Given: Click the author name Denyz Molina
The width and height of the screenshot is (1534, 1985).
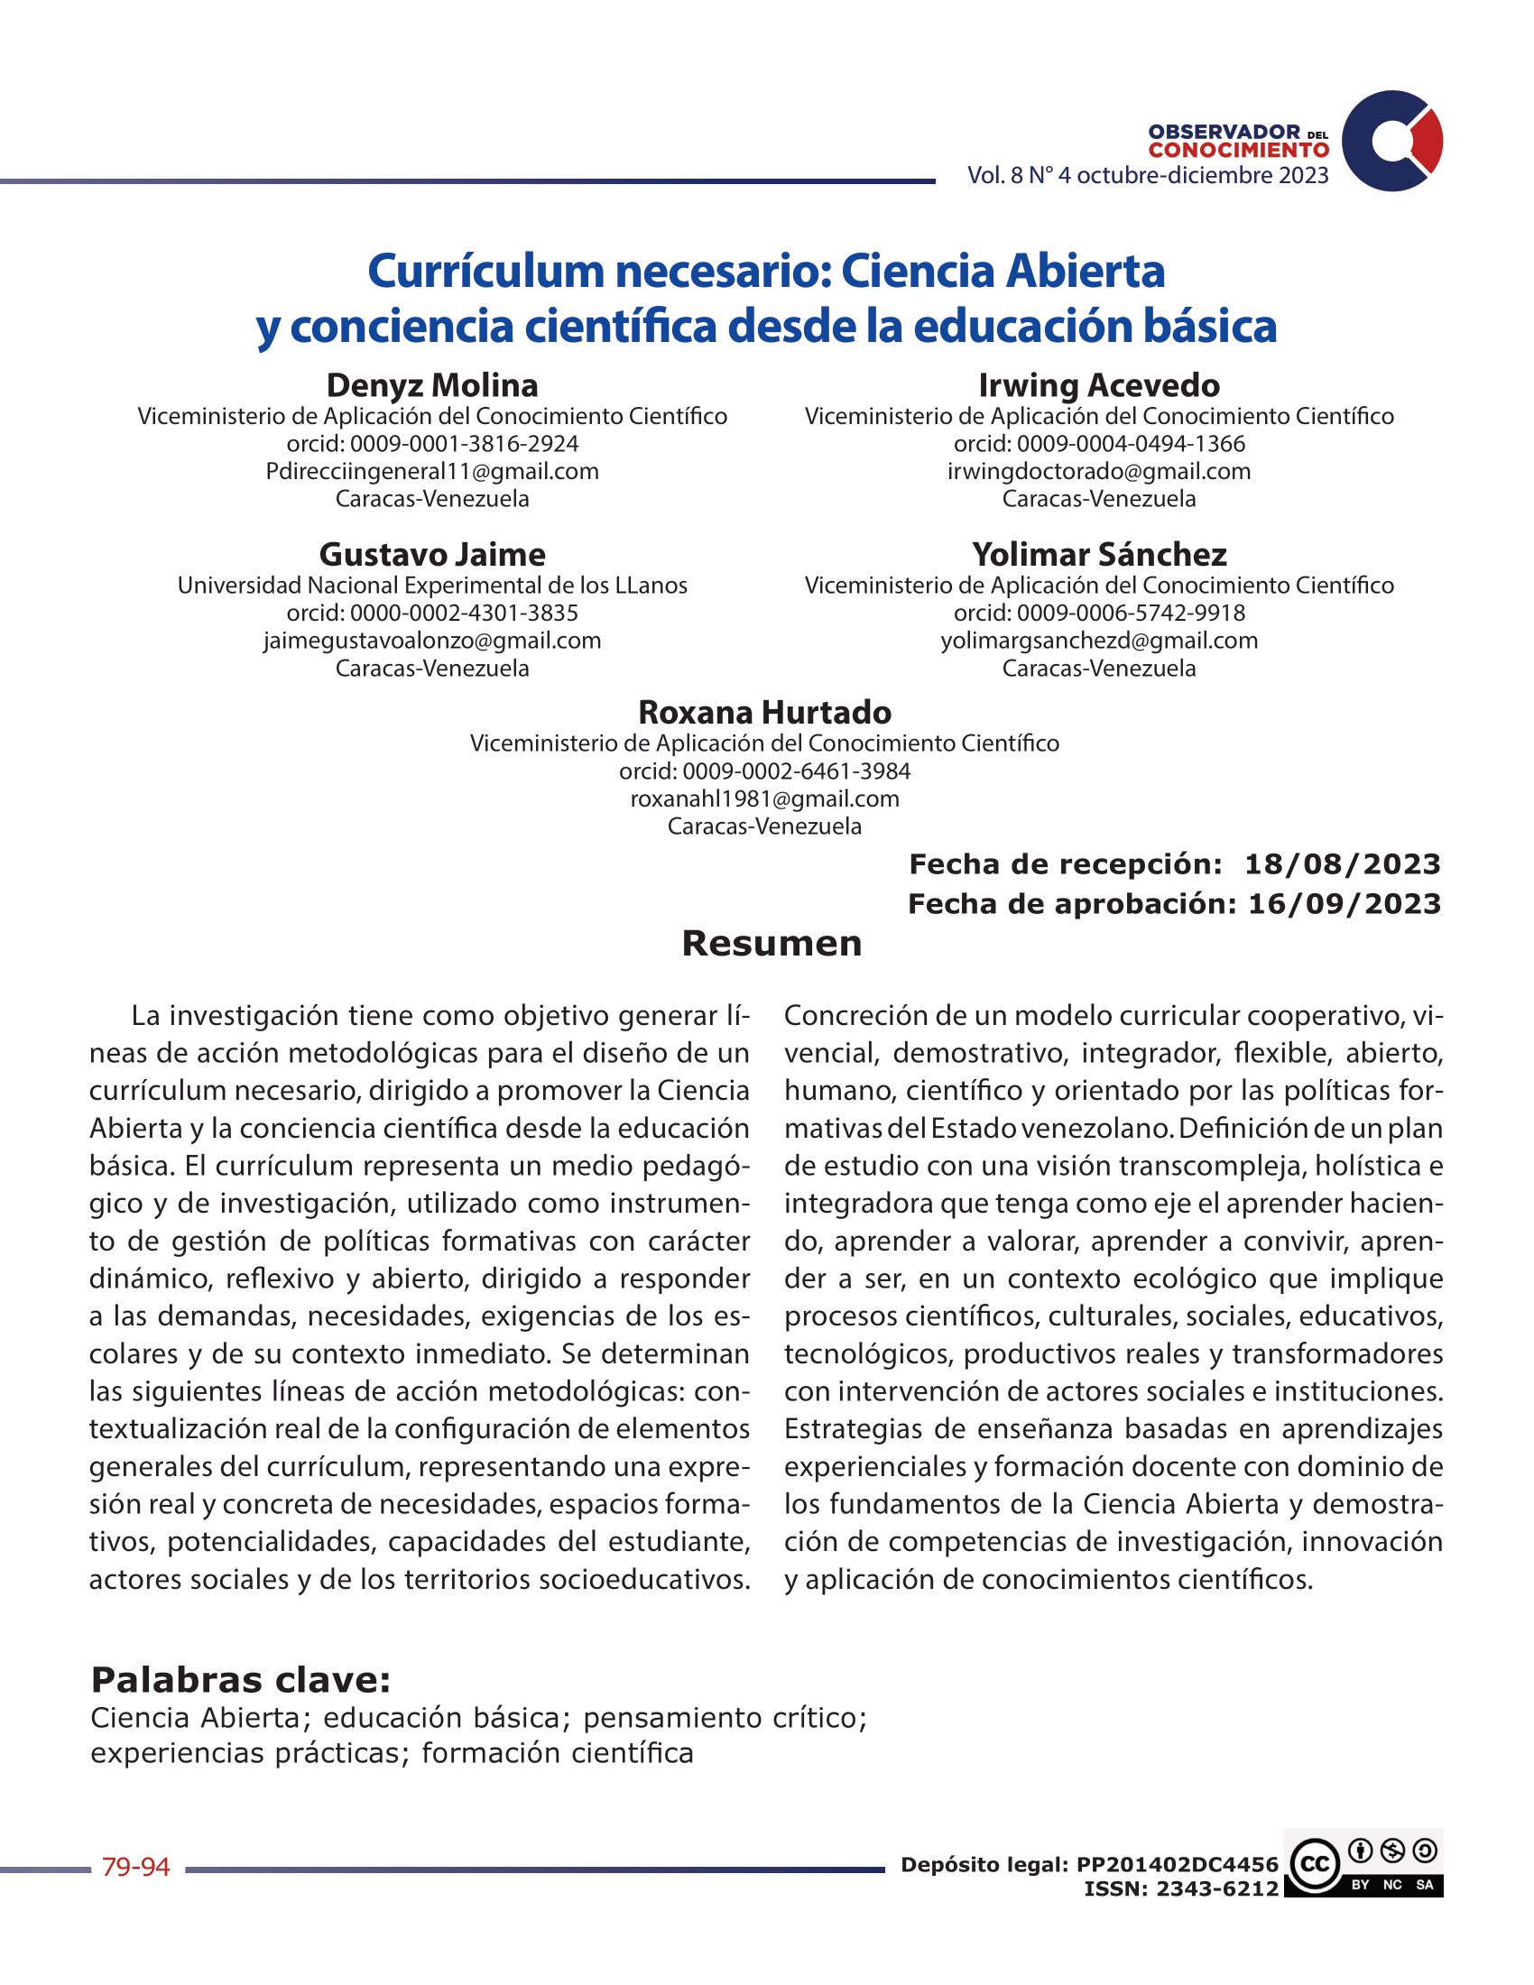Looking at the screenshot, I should point(431,385).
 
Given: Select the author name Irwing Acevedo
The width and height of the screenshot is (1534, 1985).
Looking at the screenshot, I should point(1099,385).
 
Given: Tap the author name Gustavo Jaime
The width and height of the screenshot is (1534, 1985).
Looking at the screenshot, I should point(431,554).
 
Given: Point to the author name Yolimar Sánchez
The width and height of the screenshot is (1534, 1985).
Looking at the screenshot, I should point(1099,554).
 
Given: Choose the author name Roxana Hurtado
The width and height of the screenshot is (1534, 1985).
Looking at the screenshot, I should point(764,713).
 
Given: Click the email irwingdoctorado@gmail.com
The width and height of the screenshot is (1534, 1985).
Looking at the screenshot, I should point(1099,471).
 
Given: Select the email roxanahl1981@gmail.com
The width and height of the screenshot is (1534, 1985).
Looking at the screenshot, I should point(764,799).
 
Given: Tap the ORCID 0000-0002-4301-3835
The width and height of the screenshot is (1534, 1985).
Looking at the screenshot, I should point(464,613).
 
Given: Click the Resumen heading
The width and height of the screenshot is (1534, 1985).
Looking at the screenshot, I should point(772,944).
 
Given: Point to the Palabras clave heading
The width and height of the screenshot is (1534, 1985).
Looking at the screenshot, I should point(241,1681).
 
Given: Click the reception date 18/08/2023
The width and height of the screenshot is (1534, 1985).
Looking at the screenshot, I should point(1343,864).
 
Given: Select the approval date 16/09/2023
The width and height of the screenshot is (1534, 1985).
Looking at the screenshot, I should point(1345,904).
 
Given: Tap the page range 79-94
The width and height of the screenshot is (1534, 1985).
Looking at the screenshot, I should point(136,1867).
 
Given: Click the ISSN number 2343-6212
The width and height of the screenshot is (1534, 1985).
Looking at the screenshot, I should point(1218,1888).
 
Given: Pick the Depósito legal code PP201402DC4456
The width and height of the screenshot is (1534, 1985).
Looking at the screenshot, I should point(1177,1865).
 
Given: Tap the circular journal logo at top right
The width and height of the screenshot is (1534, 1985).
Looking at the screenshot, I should point(1392,141).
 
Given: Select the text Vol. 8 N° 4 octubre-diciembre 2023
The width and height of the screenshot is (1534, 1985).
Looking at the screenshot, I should point(1147,175).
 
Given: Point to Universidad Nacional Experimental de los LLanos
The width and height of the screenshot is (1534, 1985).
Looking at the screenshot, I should point(431,586).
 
